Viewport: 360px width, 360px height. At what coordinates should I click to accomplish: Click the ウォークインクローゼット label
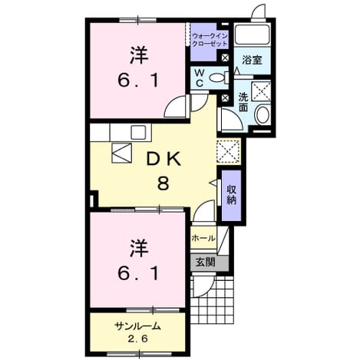[x=210, y=40]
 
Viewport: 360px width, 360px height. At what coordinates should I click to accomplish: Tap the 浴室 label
[x=252, y=60]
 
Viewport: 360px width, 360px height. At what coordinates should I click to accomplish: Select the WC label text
[x=200, y=78]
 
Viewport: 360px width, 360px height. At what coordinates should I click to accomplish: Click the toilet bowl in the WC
[x=216, y=78]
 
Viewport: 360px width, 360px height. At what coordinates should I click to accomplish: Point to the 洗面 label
[x=243, y=102]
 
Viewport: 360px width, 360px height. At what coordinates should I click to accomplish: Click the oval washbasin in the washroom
[x=263, y=115]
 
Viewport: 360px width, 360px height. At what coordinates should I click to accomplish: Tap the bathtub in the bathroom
[x=253, y=35]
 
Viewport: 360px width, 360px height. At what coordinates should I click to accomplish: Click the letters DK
[x=164, y=160]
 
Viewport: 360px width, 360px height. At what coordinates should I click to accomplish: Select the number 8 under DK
[x=163, y=183]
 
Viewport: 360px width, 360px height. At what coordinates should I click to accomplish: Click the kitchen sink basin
[x=138, y=132]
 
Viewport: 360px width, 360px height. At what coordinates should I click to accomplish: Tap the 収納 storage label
[x=231, y=194]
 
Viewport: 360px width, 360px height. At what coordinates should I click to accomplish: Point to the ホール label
[x=203, y=238]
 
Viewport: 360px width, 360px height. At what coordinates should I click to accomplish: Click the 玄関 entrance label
[x=205, y=262]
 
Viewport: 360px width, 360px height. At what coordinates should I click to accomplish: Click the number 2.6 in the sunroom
[x=137, y=339]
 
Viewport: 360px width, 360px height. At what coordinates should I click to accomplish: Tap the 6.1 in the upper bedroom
[x=138, y=80]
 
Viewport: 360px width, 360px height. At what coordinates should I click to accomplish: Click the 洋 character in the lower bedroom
[x=139, y=248]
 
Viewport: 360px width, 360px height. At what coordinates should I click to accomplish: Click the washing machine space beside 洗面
[x=261, y=91]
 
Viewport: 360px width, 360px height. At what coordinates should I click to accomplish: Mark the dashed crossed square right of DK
[x=228, y=151]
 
